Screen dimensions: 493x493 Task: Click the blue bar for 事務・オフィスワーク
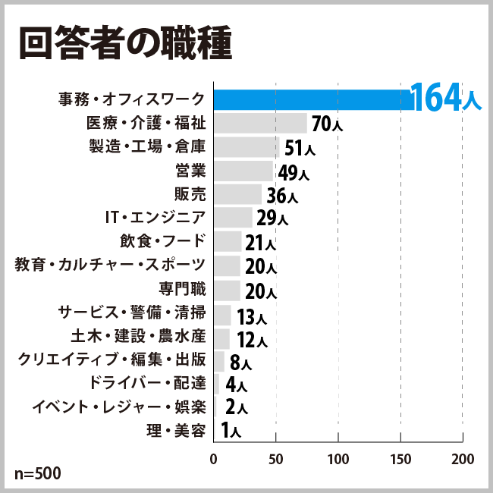click(311, 99)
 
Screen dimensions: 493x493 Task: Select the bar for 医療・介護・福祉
click(260, 123)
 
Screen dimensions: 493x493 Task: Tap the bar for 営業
click(243, 171)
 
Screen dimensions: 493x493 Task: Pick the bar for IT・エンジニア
click(233, 218)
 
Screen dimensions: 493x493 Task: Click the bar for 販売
click(237, 194)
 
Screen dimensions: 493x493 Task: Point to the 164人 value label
click(445, 99)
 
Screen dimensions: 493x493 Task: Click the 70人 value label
click(327, 124)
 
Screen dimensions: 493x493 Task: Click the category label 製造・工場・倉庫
click(147, 146)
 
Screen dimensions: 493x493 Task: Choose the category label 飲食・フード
click(162, 241)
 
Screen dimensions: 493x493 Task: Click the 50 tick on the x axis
click(275, 460)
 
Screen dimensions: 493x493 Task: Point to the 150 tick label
click(400, 460)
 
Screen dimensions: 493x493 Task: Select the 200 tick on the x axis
click(462, 460)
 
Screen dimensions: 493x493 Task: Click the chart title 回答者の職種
click(124, 45)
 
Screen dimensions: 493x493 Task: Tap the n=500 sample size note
click(37, 474)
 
